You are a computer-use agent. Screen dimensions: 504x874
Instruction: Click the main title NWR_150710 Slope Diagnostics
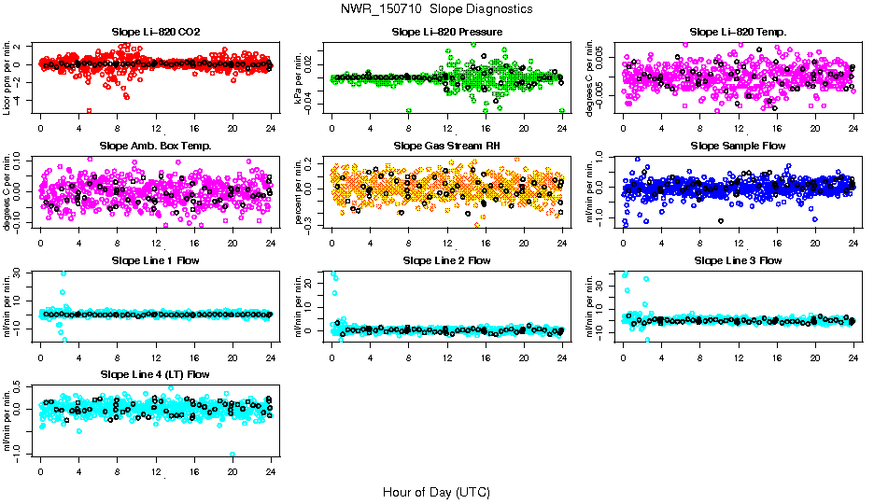point(437,8)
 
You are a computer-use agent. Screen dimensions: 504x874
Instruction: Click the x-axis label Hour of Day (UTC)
point(436,492)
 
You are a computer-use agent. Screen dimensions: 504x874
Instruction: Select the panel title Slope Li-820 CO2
point(155,33)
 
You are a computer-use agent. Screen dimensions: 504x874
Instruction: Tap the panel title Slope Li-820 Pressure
point(447,33)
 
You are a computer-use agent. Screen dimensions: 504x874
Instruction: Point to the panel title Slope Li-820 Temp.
point(738,33)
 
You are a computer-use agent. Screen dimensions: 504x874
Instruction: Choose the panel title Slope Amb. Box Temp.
point(155,147)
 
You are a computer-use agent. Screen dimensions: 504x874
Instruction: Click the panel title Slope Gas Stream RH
point(447,147)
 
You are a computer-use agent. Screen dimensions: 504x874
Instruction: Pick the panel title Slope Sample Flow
point(738,147)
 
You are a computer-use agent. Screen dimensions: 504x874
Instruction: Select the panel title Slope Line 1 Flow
point(155,260)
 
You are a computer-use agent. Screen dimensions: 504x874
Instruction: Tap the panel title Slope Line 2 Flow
point(447,260)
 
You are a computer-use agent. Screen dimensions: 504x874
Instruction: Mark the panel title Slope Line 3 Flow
point(738,260)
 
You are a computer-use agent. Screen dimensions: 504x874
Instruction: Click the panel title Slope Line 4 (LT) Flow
point(155,374)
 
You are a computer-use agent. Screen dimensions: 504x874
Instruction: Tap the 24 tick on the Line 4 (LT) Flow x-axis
point(271,473)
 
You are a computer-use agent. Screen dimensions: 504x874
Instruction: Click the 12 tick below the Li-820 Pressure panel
point(447,129)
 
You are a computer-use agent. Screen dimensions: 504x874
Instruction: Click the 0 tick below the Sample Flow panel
point(624,243)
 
